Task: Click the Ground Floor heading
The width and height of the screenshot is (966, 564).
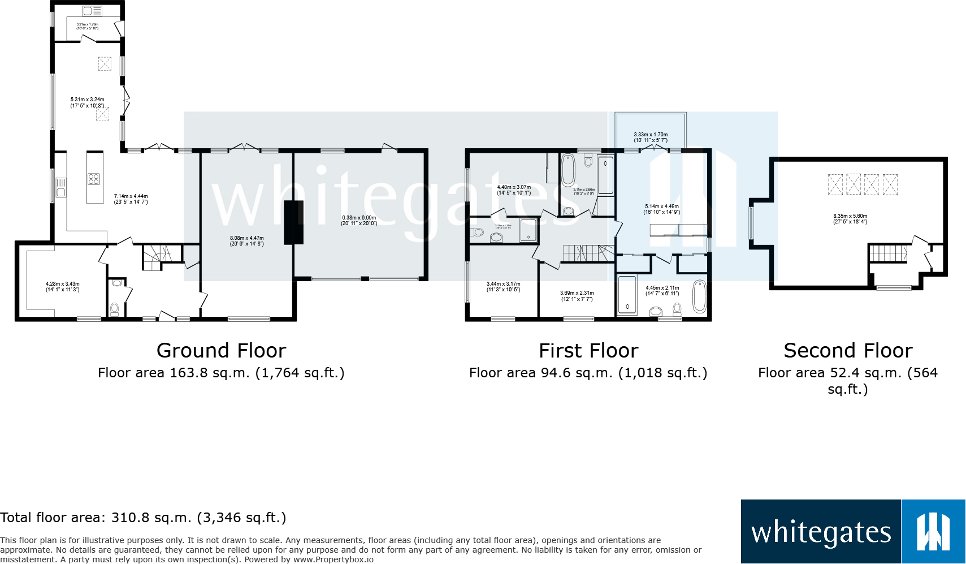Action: (221, 351)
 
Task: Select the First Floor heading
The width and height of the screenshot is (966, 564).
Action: (588, 351)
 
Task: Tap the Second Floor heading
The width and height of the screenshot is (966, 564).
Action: (848, 351)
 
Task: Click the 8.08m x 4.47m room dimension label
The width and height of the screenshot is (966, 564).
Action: (246, 241)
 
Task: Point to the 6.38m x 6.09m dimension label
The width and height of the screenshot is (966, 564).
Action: (359, 220)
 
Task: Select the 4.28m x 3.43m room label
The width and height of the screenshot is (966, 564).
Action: (62, 287)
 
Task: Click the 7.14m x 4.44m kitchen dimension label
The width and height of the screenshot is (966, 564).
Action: (131, 199)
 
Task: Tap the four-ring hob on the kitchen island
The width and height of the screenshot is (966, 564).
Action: (94, 179)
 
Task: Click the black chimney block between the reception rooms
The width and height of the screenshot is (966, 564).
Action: (293, 222)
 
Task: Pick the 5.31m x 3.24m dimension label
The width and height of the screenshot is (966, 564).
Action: (87, 102)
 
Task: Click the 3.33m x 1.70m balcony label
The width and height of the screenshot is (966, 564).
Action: (651, 137)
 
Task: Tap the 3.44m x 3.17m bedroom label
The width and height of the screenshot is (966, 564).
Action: (503, 287)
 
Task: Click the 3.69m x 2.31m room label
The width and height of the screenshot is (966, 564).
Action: (577, 296)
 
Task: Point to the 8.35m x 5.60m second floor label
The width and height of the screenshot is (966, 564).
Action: (850, 218)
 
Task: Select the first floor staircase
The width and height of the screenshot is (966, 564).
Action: (588, 253)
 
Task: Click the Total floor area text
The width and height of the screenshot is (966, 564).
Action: (143, 518)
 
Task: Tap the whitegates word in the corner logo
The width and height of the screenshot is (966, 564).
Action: (821, 532)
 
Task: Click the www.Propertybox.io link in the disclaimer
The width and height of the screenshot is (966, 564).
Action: (333, 559)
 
